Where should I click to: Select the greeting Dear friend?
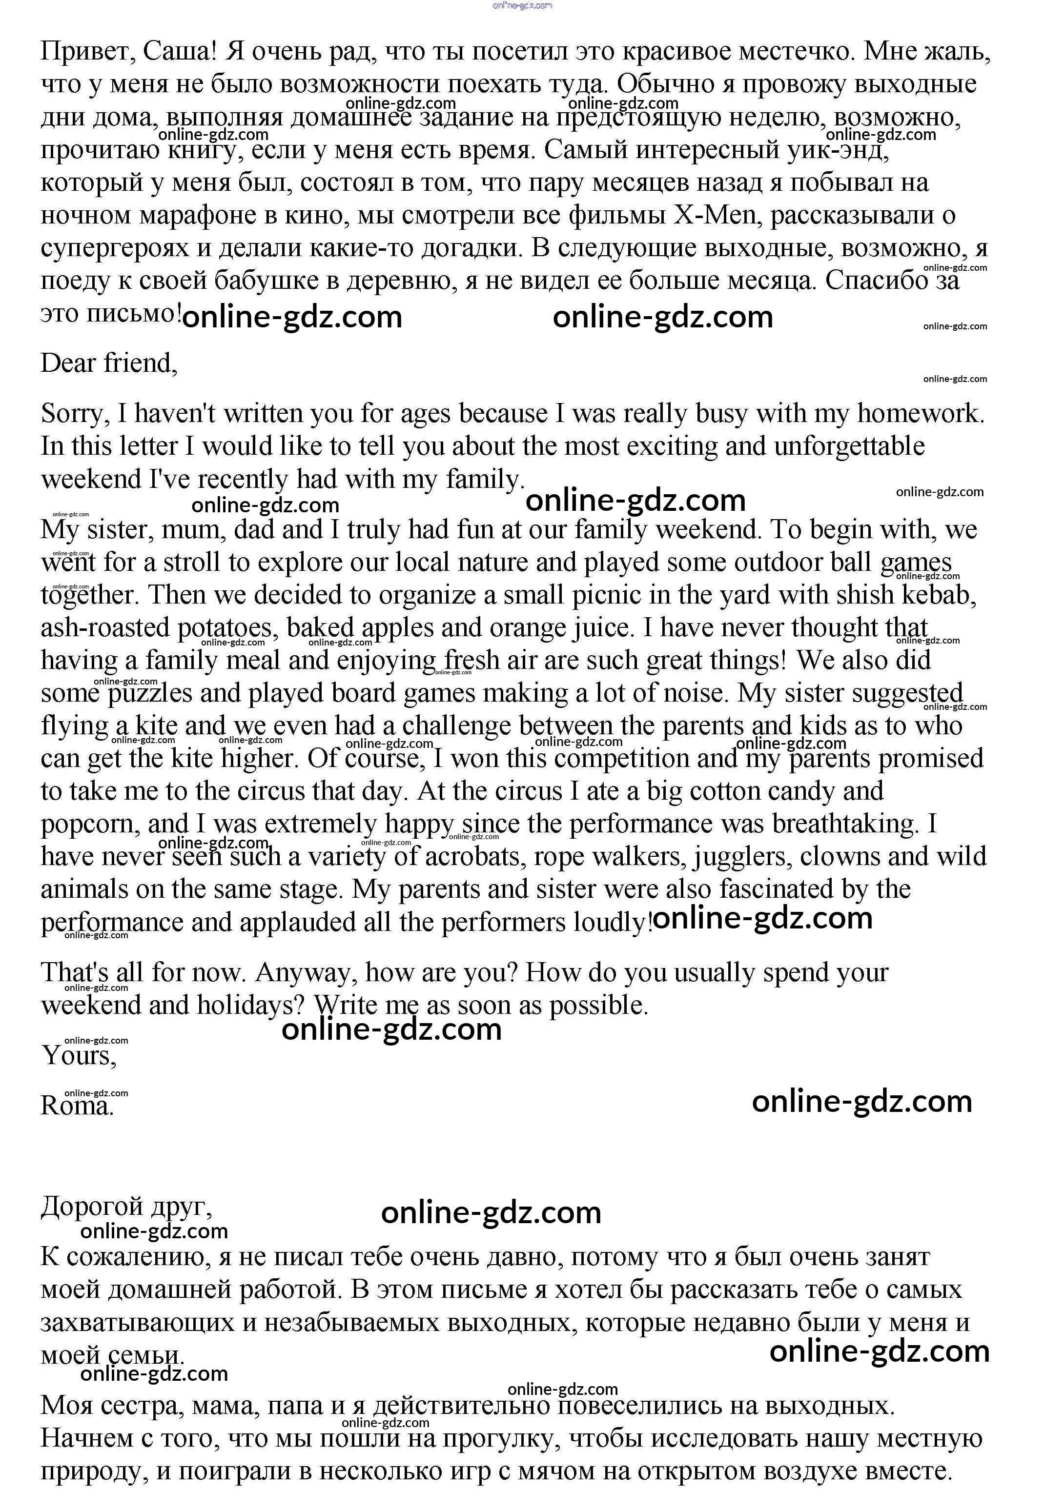(109, 363)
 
